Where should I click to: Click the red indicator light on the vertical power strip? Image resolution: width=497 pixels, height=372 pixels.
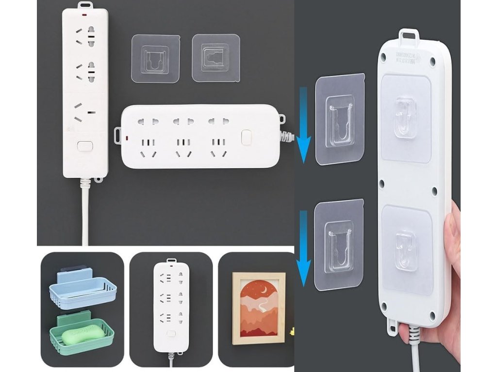(x=84, y=16)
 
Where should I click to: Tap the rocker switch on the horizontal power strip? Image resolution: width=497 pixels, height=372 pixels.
(x=247, y=137)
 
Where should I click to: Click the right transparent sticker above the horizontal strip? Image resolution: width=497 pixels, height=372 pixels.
(x=215, y=58)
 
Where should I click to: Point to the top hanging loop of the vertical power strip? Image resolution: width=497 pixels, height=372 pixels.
(x=85, y=6)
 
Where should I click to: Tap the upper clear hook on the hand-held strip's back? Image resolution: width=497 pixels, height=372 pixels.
(x=404, y=117)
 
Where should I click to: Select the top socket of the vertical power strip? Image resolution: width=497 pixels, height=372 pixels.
(x=85, y=36)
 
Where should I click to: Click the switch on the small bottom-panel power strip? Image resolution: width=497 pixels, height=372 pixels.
(x=170, y=334)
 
